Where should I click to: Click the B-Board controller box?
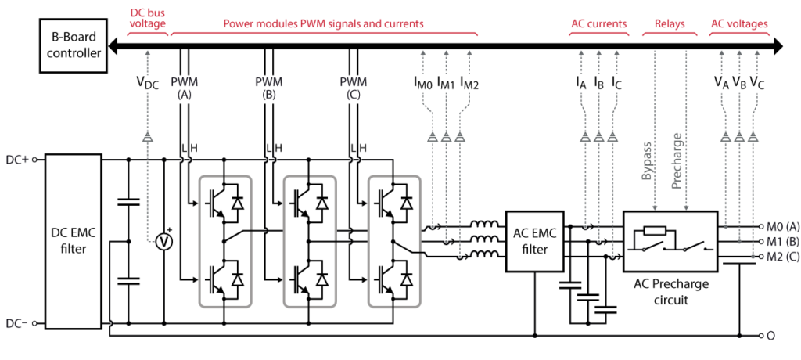click(x=73, y=46)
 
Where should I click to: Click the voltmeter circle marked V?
click(x=164, y=241)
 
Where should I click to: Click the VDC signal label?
click(x=146, y=83)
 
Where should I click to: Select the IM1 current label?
click(x=446, y=82)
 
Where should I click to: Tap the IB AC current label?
click(x=599, y=82)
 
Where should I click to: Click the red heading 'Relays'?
click(x=669, y=24)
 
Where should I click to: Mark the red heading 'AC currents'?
click(x=598, y=24)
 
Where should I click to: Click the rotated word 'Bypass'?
click(x=647, y=160)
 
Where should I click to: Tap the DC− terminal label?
click(x=17, y=322)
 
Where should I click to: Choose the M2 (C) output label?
click(x=783, y=256)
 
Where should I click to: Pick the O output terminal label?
click(x=770, y=336)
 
